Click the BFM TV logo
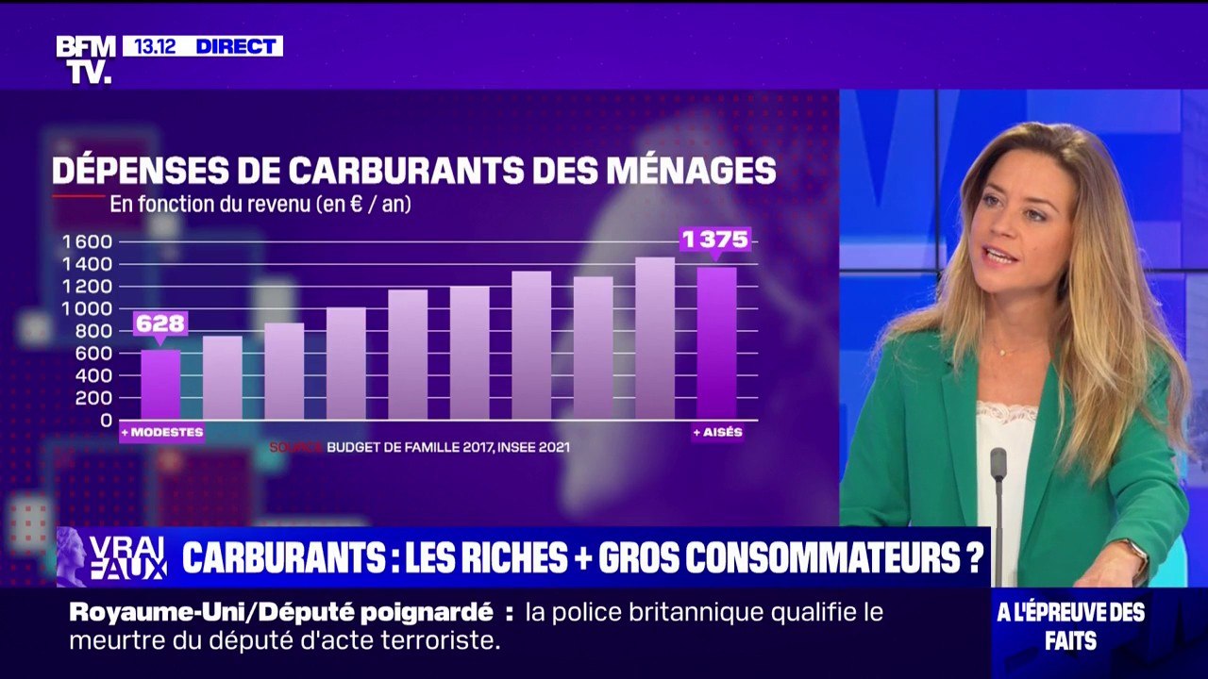click(86, 58)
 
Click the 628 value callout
click(159, 323)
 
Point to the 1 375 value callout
click(715, 240)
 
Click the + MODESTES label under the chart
click(161, 433)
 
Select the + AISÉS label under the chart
click(717, 433)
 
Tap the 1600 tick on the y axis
click(87, 241)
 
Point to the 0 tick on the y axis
click(106, 420)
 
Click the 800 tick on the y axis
click(92, 331)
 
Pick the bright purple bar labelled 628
click(160, 385)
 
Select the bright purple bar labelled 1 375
click(716, 343)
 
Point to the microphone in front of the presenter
click(998, 467)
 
